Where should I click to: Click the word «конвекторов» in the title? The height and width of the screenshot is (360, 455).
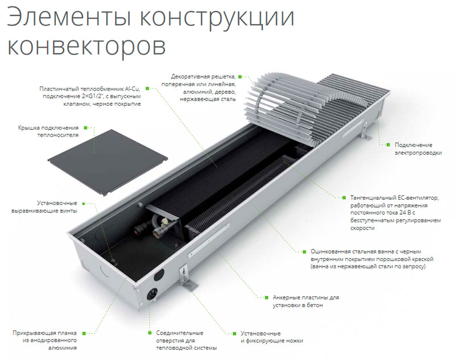coord(86,46)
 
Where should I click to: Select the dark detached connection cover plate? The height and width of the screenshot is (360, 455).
coord(107,163)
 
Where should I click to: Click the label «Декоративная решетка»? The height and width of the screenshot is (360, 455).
coord(203,77)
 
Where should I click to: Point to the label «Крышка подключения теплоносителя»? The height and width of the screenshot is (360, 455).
coord(48,131)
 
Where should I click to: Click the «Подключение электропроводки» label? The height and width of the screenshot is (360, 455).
coord(418,149)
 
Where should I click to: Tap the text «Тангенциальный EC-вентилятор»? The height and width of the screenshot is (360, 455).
coord(395,198)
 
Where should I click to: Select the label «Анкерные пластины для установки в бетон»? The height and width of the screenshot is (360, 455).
coord(305,301)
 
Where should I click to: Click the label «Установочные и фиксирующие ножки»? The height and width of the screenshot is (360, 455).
coord(272,337)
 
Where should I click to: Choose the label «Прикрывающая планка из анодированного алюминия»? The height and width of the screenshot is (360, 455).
coord(45,340)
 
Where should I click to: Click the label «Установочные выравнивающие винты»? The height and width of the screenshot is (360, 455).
coord(44,207)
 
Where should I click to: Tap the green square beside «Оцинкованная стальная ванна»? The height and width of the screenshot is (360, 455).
coord(304,252)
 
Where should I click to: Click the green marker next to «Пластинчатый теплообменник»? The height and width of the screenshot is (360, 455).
coord(147,89)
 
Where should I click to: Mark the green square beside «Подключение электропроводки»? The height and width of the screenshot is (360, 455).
coord(388,144)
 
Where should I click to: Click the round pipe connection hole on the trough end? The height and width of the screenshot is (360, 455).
coord(152,295)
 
